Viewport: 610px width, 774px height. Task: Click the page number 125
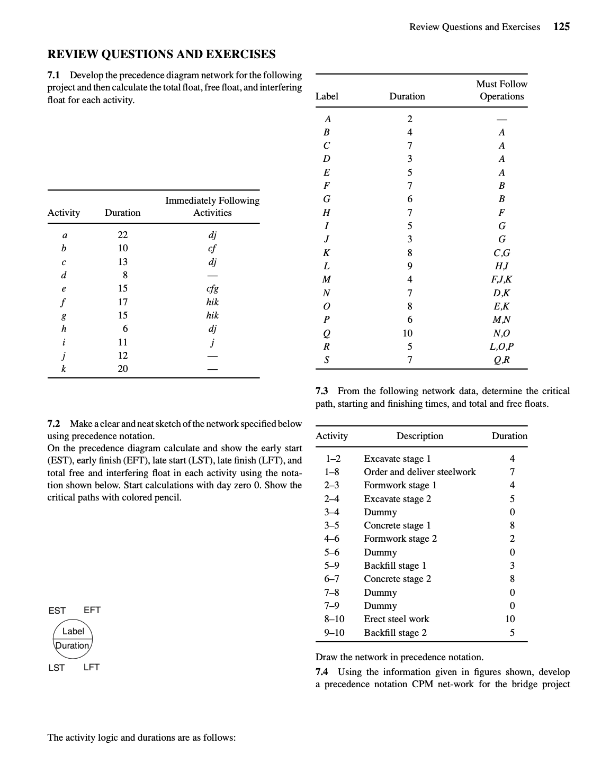[x=561, y=27]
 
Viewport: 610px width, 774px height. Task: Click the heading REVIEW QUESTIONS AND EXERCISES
[x=162, y=54]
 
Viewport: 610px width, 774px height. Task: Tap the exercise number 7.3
[x=322, y=391]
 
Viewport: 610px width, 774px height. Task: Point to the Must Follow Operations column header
[x=501, y=90]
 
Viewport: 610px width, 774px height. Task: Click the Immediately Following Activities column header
[x=212, y=206]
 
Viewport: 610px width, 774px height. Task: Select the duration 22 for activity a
[x=122, y=235]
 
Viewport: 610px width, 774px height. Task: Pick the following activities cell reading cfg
[x=212, y=289]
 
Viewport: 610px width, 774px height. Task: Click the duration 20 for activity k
[x=122, y=369]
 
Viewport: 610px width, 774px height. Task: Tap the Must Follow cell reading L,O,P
[x=501, y=347]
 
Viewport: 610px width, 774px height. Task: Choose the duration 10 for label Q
[x=407, y=333]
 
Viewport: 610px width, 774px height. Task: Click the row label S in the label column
[x=327, y=360]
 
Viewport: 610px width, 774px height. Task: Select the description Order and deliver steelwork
[x=419, y=472]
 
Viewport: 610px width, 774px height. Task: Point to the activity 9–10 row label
[x=334, y=633]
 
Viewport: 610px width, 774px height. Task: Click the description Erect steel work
[x=396, y=619]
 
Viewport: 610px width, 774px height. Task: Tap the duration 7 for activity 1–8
[x=512, y=472]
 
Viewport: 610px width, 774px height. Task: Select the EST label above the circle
[x=57, y=611]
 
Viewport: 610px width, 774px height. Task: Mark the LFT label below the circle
[x=92, y=668]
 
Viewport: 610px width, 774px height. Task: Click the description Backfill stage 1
[x=395, y=566]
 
